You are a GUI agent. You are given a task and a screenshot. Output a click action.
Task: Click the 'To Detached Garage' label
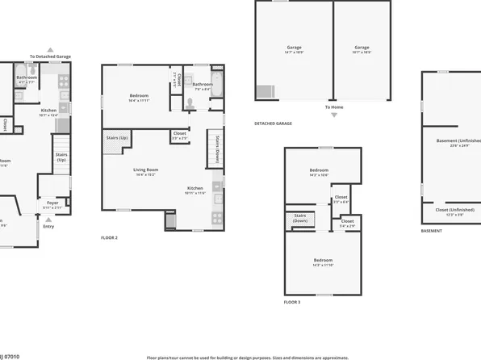pos(50,57)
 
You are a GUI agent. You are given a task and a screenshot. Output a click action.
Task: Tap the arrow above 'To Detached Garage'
pos(50,48)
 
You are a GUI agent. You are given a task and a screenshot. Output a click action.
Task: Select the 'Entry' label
pos(49,226)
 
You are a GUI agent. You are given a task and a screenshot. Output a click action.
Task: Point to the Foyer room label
pos(52,204)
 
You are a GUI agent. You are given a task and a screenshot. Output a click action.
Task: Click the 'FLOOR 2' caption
pos(109,238)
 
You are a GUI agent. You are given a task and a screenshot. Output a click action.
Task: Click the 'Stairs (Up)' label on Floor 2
pos(116,138)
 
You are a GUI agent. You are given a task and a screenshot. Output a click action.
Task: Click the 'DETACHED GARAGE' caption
pos(273,123)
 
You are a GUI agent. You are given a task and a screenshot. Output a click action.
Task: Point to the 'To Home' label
pos(334,107)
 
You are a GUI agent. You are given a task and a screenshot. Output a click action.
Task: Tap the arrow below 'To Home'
pos(334,115)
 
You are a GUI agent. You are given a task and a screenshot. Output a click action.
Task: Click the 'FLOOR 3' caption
pos(291,302)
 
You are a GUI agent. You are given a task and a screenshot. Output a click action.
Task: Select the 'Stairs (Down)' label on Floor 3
pos(299,218)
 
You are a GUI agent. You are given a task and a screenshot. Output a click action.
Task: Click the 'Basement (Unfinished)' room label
pos(454,142)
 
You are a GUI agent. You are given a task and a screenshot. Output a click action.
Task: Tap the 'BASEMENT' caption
pos(431,231)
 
